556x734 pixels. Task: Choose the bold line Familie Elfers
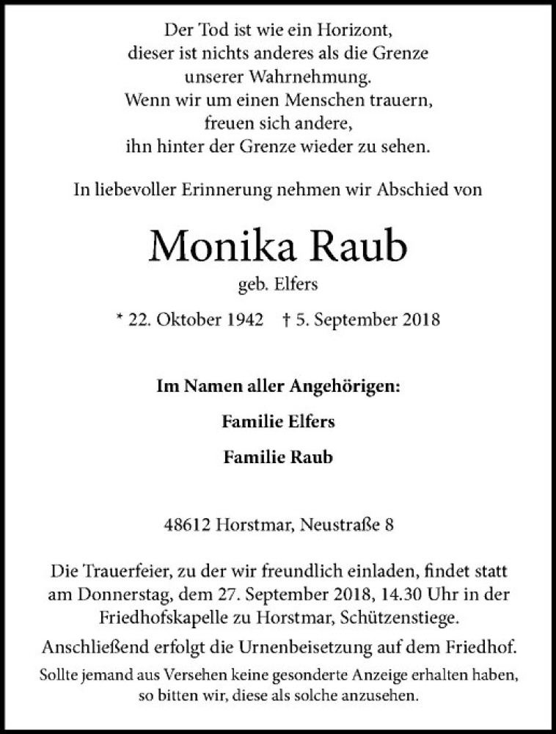(278, 423)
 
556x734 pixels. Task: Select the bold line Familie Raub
(278, 457)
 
